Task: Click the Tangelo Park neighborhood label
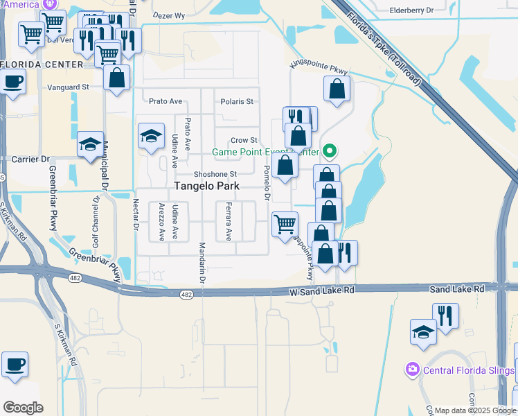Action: pos(206,186)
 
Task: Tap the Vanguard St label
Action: pos(69,87)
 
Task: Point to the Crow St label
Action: pos(244,140)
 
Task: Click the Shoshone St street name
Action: pos(215,174)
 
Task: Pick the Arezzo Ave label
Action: pos(161,222)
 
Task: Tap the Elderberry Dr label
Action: pos(411,10)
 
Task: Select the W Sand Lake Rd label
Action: pos(321,291)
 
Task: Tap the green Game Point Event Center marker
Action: pos(330,150)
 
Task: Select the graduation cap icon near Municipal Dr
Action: pos(90,144)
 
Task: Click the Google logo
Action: pos(23,408)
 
